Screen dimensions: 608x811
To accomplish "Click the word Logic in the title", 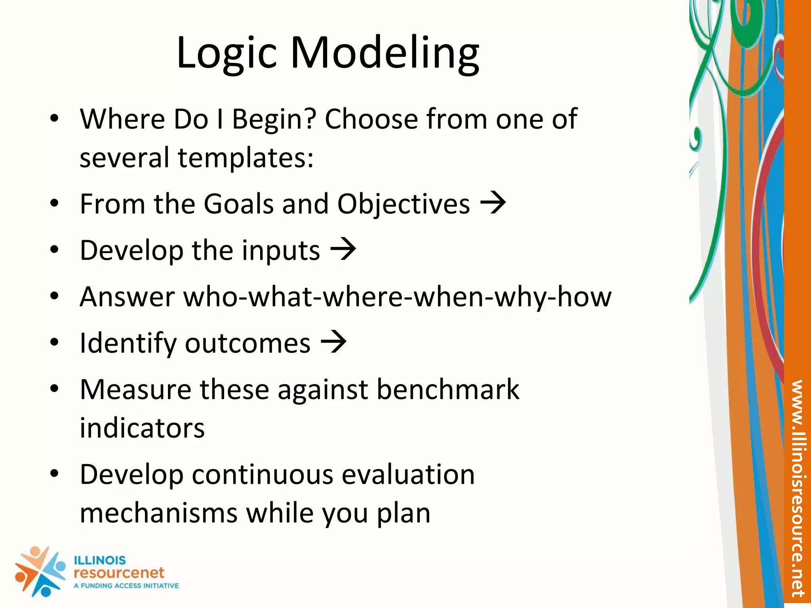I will pos(226,53).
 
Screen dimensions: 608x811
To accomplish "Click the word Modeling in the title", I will pos(385,53).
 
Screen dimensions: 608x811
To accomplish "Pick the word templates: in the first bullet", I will pos(246,158).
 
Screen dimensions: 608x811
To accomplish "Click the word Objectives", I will pos(404,204).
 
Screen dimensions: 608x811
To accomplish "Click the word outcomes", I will pos(247,343).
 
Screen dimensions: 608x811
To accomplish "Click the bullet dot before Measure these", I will pos(54,389).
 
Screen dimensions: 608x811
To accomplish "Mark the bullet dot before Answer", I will pos(54,296).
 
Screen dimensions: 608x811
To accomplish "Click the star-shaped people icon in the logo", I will pos(40,571).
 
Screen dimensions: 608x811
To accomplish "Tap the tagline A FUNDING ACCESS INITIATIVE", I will pos(126,585).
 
